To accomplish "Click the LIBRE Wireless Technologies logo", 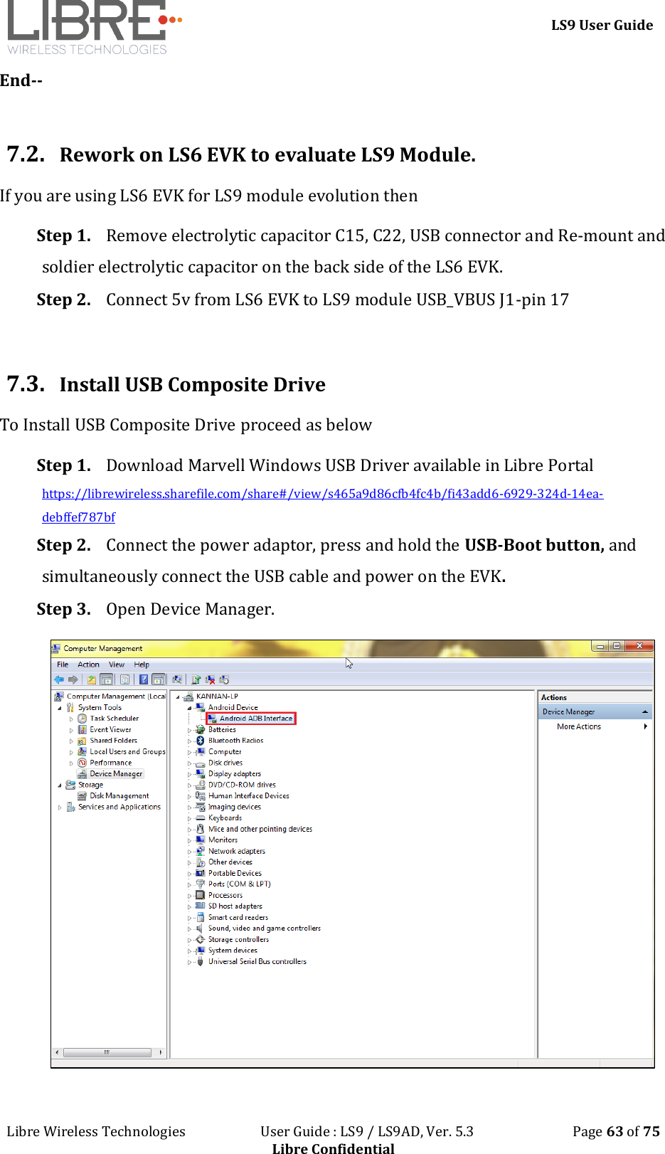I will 92,27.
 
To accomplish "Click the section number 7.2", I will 26,154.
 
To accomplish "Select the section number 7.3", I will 26,383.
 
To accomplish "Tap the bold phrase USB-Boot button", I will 534,545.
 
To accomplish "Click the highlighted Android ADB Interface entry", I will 255,719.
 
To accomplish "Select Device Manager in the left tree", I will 116,773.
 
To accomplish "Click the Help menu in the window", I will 142,665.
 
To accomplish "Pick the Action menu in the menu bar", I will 88,665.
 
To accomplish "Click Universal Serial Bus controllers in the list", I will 257,961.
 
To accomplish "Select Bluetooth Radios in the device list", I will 235,741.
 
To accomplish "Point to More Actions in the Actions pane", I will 579,726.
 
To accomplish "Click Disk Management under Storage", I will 119,795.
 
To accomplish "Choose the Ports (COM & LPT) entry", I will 239,884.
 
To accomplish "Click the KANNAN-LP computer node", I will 217,697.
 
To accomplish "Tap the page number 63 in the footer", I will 615,1131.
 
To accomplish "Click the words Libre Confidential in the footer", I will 333,1148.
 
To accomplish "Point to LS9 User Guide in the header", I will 602,25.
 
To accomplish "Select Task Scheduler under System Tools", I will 114,719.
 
